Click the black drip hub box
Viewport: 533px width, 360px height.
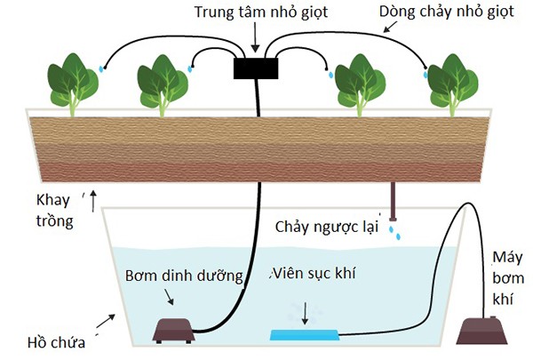(256, 68)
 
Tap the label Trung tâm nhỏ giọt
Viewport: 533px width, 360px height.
(254, 12)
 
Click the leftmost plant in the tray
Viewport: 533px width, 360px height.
(72, 84)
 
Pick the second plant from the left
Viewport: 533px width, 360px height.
(163, 84)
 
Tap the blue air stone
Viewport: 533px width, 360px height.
(304, 334)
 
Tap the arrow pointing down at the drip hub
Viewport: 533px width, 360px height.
(256, 38)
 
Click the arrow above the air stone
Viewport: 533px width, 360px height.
(306, 311)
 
